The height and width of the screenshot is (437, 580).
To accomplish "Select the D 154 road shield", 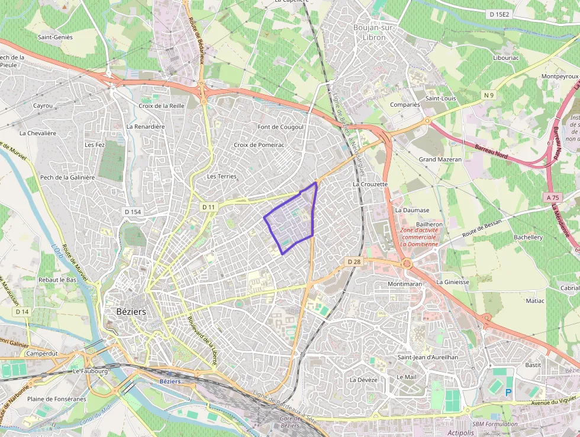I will [134, 212].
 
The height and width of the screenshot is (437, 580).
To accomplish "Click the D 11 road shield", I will [208, 207].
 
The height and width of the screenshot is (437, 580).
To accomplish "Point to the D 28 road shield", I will [354, 261].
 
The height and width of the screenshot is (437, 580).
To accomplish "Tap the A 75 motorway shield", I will [553, 197].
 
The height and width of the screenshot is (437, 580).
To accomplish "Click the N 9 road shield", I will [488, 95].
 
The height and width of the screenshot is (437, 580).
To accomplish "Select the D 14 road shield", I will [22, 311].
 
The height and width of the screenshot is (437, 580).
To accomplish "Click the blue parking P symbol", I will [508, 393].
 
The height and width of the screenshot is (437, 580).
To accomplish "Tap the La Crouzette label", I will [370, 184].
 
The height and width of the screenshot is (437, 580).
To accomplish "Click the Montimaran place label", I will [404, 284].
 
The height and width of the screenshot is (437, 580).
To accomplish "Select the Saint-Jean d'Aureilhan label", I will [427, 358].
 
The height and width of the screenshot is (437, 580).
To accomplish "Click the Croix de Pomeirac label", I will [259, 145].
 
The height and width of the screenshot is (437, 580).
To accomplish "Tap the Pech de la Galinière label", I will [67, 177].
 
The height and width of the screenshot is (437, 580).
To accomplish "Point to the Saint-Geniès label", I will [55, 37].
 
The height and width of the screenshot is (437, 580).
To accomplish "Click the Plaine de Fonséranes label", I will [56, 399].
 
